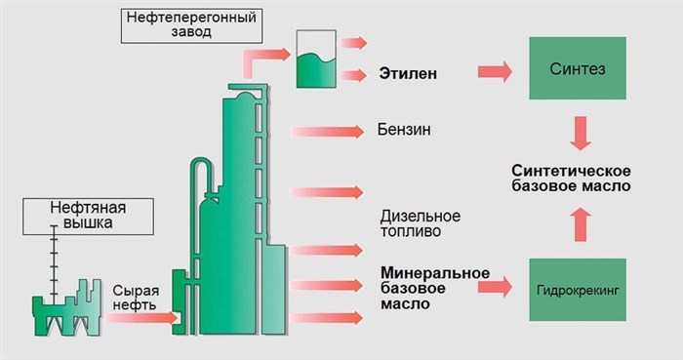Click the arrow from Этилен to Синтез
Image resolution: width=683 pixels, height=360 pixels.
tap(496, 71)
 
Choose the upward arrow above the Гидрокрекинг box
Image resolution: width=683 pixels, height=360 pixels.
tap(580, 226)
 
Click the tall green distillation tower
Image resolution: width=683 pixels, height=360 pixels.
tap(234, 215)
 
